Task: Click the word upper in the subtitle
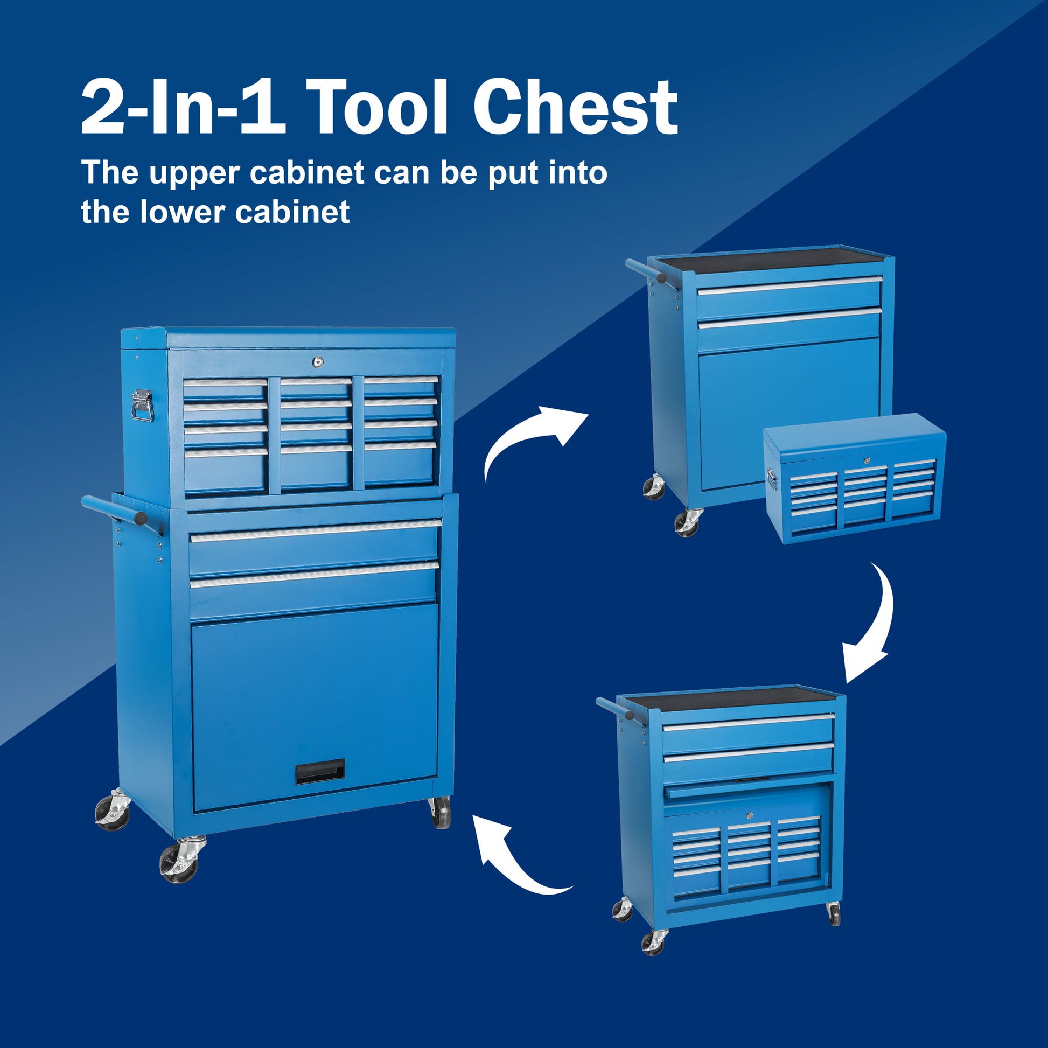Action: click(x=194, y=172)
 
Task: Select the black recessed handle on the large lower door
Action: click(x=320, y=771)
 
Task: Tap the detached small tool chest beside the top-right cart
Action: click(x=854, y=477)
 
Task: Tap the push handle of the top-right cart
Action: click(x=646, y=271)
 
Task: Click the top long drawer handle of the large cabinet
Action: click(x=316, y=530)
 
